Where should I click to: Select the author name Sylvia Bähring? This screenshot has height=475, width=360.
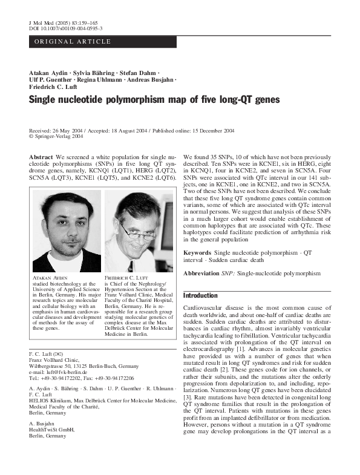pyautogui.click(x=93, y=72)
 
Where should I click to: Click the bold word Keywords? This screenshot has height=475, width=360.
pyautogui.click(x=197, y=251)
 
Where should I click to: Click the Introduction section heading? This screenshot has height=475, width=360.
pyautogui.click(x=200, y=296)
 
